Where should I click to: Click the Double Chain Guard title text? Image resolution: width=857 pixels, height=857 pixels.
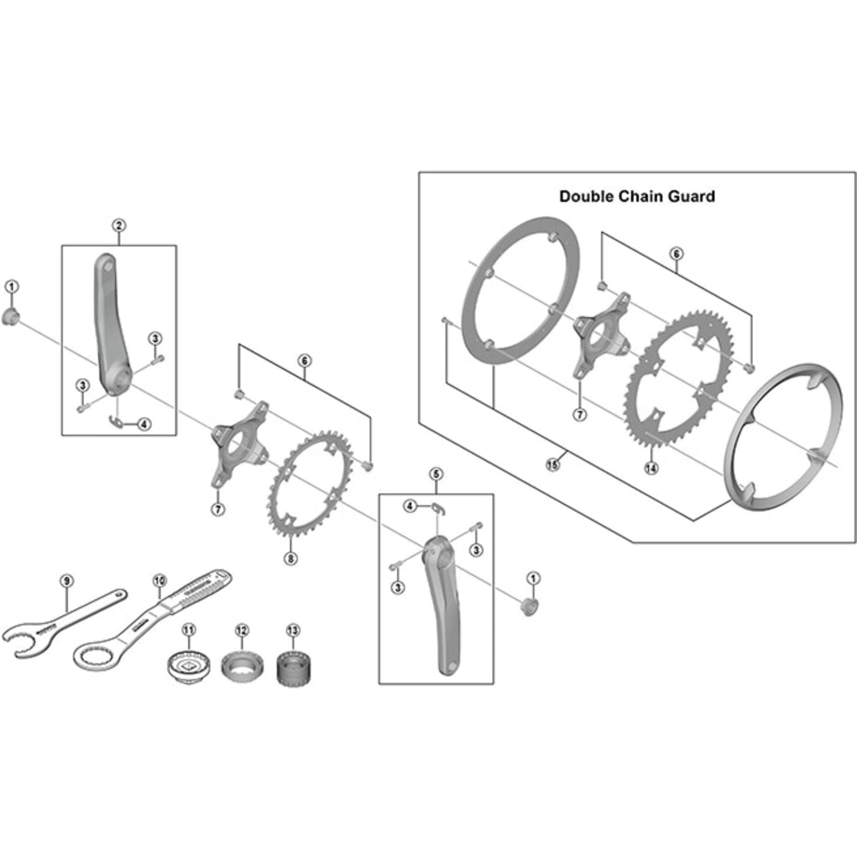tap(637, 197)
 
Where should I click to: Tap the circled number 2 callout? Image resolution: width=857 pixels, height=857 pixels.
tap(118, 225)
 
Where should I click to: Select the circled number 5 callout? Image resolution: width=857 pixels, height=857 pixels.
tap(436, 474)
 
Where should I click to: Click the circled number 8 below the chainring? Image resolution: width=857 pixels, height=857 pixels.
tap(291, 558)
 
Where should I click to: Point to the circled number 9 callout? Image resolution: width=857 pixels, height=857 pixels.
tap(66, 581)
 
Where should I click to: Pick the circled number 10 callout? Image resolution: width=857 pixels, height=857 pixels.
tap(160, 580)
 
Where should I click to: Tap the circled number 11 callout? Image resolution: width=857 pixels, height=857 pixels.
tap(189, 629)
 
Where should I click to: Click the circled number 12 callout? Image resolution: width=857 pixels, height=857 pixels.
tap(242, 630)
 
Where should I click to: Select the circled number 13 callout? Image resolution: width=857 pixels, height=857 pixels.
tap(293, 630)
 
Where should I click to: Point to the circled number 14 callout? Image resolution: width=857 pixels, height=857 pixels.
tap(651, 468)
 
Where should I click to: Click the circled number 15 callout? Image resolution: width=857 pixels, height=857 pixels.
tap(552, 465)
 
